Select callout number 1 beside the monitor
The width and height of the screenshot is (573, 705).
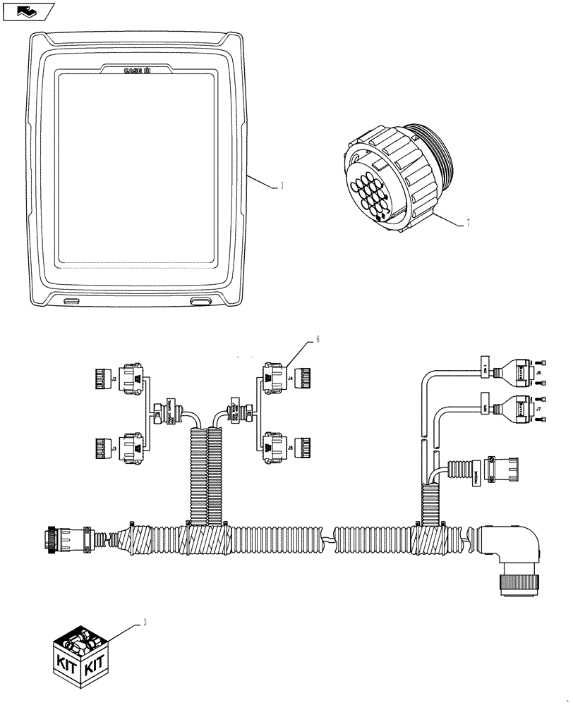[282, 186]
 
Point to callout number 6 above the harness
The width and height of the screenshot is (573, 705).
[318, 340]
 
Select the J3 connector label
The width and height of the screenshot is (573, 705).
[113, 447]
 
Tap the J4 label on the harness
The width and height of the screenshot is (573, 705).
[290, 378]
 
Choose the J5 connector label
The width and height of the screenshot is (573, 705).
[290, 447]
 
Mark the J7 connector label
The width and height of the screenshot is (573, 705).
[538, 408]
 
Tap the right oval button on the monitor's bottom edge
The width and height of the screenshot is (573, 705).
[200, 301]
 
